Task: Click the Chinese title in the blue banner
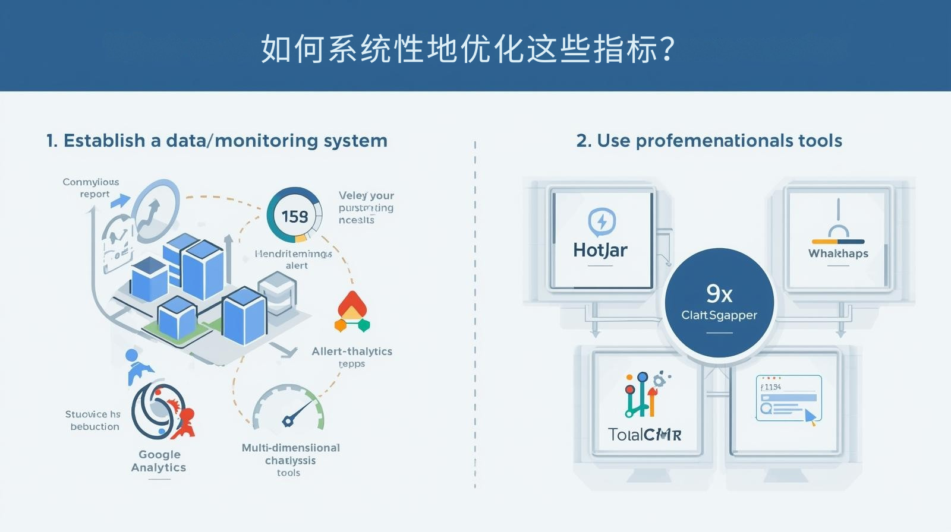point(468,49)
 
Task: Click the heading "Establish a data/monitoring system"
point(217,141)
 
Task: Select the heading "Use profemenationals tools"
point(709,141)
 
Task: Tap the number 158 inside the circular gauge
point(295,216)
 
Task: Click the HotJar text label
point(600,250)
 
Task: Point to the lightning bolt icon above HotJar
point(602,222)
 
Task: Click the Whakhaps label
point(838,254)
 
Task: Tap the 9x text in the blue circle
point(719,293)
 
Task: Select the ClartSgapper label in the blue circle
point(719,315)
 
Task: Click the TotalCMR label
point(645,435)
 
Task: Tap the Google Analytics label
point(159,461)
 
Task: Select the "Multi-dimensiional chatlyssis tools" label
point(290,460)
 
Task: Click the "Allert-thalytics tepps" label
point(352,357)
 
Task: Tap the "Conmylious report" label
point(91,188)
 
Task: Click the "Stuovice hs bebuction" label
point(93,420)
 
